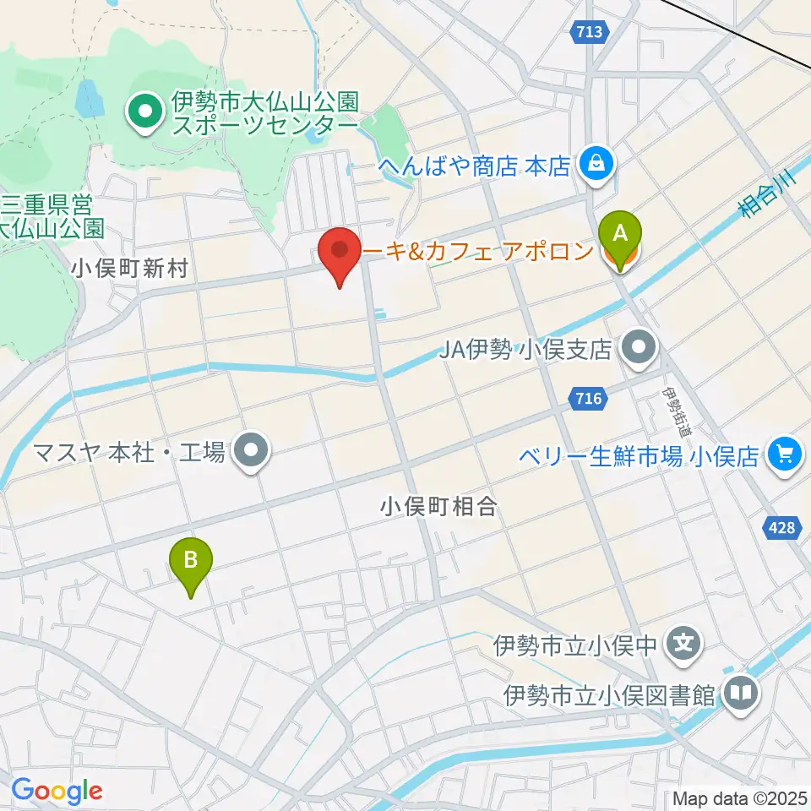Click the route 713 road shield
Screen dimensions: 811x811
click(591, 32)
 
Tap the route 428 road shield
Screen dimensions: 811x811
click(782, 527)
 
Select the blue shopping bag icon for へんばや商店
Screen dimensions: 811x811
click(596, 163)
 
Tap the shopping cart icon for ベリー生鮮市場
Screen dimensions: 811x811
click(785, 455)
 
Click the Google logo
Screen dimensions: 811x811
click(57, 792)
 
